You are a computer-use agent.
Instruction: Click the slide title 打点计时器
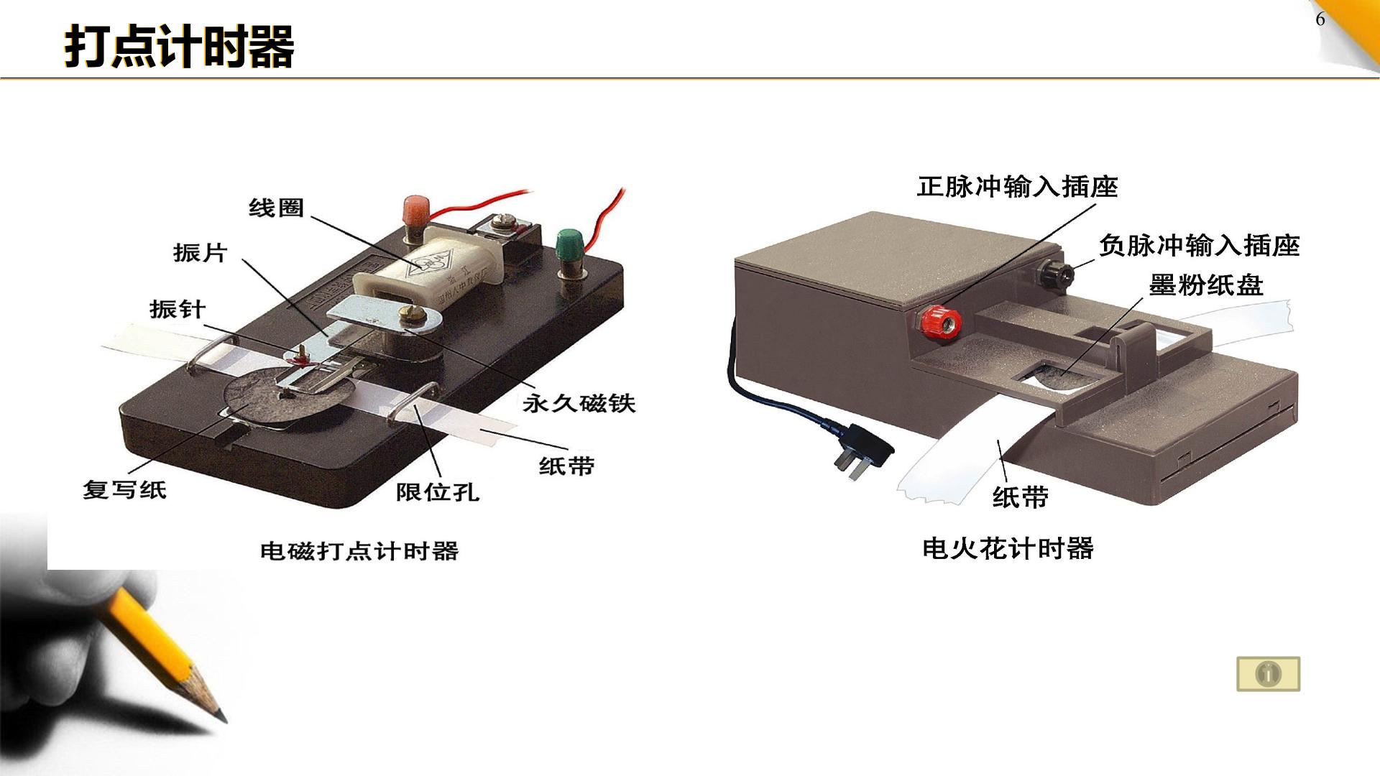point(180,47)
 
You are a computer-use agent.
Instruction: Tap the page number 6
point(1320,19)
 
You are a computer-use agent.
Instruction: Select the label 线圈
point(277,208)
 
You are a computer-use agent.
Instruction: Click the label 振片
point(201,253)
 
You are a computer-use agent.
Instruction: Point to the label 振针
point(178,310)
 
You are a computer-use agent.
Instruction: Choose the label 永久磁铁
point(579,403)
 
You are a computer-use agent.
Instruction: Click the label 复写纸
point(125,490)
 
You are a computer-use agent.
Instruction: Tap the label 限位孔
point(438,492)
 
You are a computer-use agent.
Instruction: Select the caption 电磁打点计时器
point(359,551)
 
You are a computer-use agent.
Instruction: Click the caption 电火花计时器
point(1008,549)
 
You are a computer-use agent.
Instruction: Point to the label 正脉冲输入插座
point(1018,187)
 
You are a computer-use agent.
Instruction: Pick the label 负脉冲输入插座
point(1200,246)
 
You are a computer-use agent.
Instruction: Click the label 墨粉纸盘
point(1206,285)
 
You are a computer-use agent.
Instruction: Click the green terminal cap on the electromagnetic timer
point(570,242)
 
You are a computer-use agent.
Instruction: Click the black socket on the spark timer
point(1054,274)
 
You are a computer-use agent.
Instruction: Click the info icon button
point(1269,674)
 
